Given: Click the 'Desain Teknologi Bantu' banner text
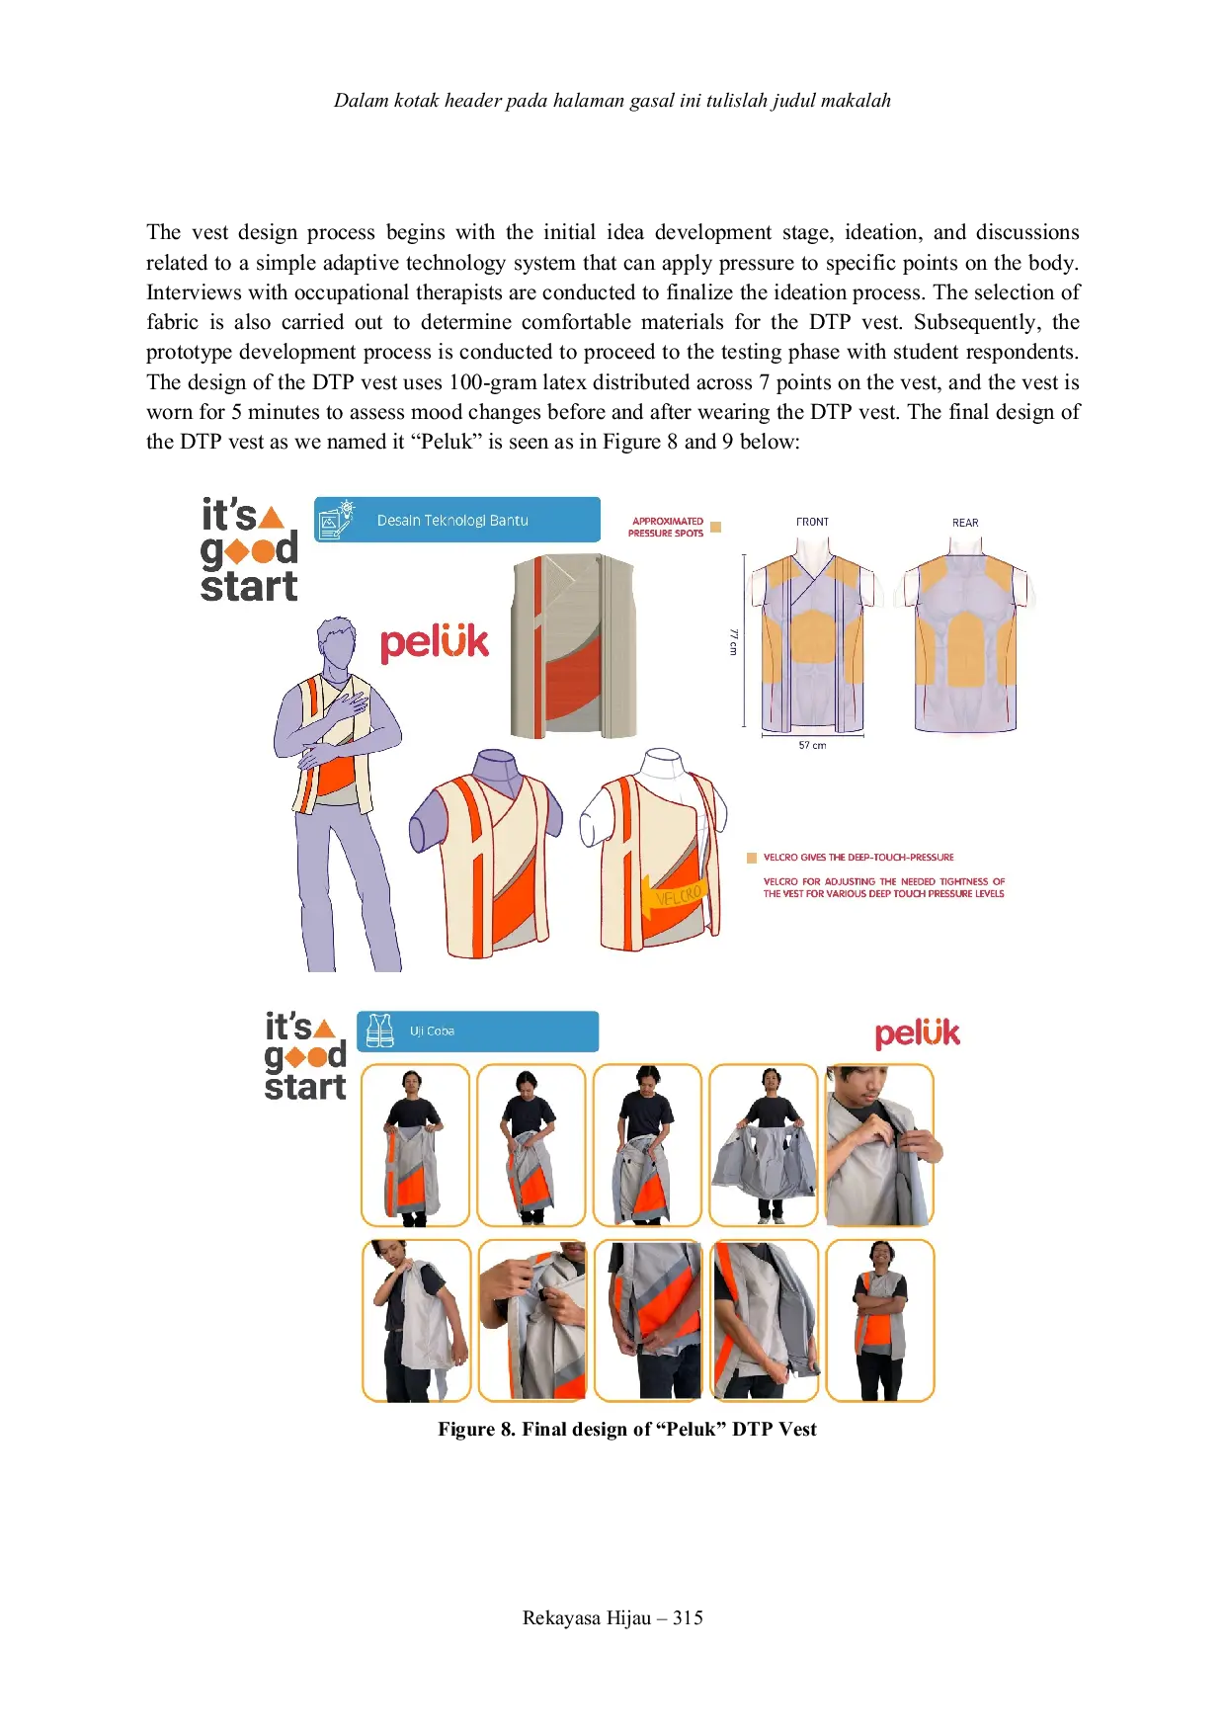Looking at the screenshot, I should [x=452, y=521].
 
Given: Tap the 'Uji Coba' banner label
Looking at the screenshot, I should [x=432, y=1032].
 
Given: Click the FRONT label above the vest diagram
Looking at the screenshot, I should [x=812, y=522].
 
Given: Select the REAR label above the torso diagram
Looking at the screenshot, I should [x=965, y=523].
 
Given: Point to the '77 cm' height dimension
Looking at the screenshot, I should [x=733, y=641].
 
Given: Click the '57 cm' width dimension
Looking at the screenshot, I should [x=812, y=746].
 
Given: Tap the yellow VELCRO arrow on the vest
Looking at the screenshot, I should [x=672, y=897].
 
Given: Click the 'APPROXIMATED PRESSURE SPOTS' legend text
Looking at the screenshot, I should [x=667, y=528].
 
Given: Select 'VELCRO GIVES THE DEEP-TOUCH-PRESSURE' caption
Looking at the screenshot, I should [x=857, y=858].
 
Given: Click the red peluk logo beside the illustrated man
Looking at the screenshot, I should [x=435, y=643].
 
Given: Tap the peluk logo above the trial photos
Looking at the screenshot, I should [x=917, y=1033].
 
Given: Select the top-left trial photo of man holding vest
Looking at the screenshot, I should [x=415, y=1145].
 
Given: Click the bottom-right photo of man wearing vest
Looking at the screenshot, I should [x=879, y=1321].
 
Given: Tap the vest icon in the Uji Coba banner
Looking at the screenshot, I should [x=379, y=1032].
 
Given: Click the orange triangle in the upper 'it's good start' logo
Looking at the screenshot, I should [x=271, y=518].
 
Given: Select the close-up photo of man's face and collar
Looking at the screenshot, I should [x=879, y=1145].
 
